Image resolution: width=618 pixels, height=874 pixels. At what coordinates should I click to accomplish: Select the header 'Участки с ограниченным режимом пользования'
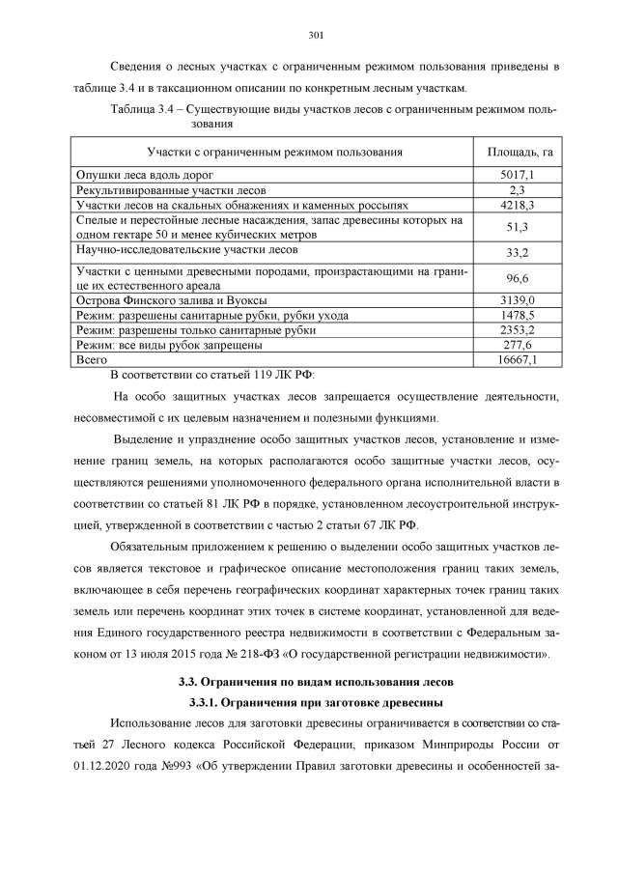pyautogui.click(x=274, y=153)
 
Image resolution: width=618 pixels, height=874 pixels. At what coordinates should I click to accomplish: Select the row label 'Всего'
pyautogui.click(x=92, y=359)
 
